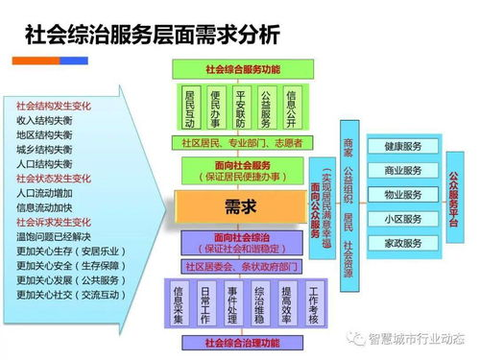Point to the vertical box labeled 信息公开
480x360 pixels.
tap(292, 108)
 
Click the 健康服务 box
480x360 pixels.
tap(403, 147)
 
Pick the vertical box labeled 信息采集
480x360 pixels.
tap(179, 303)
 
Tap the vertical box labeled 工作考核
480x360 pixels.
tap(313, 303)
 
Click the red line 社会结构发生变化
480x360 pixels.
tap(54, 105)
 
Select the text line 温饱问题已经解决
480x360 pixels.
tap(54, 235)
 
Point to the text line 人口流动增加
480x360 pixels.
tap(46, 192)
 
